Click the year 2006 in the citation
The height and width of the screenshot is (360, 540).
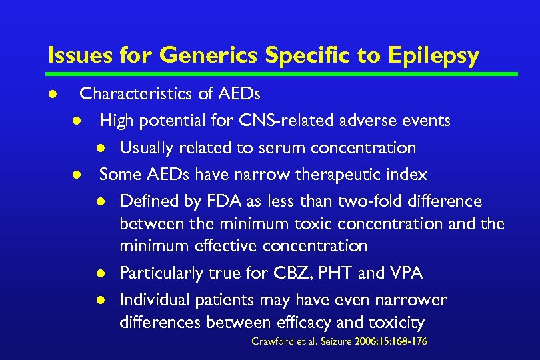tap(365, 341)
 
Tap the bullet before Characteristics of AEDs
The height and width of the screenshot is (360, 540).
tap(52, 95)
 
